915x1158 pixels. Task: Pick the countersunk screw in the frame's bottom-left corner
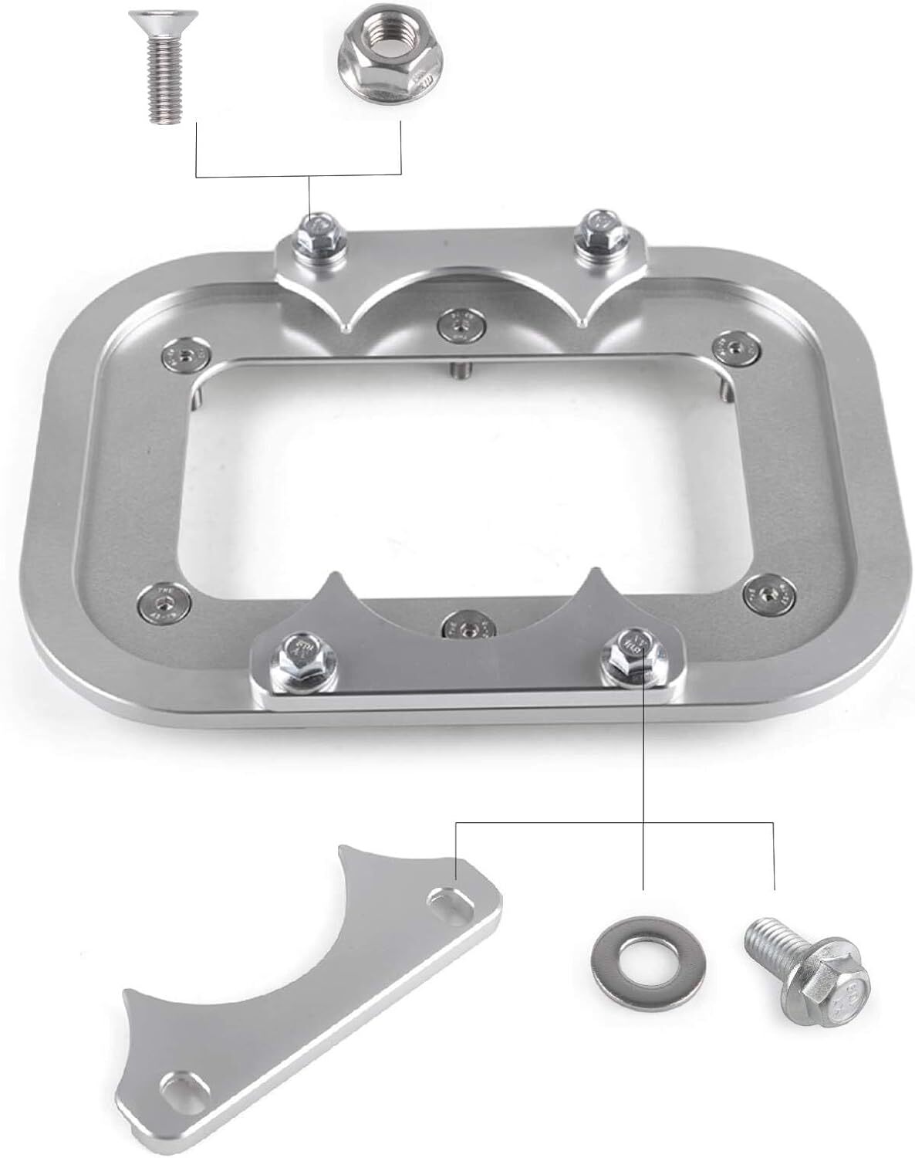point(164,601)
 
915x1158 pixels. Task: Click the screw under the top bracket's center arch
point(460,324)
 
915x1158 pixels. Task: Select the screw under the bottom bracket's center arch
point(465,626)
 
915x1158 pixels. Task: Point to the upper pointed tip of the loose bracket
point(344,852)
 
